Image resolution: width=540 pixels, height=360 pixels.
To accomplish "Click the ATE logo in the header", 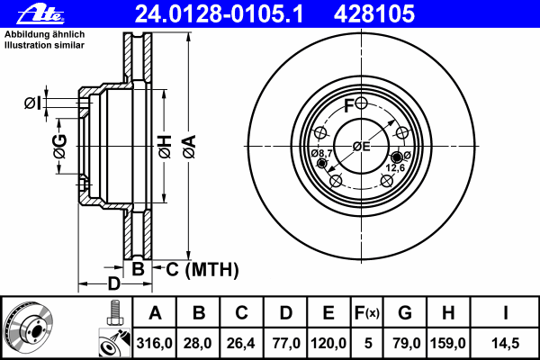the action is click(x=40, y=14).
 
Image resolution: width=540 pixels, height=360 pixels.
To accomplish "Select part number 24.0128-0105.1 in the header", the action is click(x=219, y=14).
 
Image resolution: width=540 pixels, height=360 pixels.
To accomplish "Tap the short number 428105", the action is click(x=374, y=14).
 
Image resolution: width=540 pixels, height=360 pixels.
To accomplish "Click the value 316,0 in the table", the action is click(x=154, y=343).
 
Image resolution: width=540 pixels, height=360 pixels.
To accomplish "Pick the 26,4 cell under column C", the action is click(x=241, y=343).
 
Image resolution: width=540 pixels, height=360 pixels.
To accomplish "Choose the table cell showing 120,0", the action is click(x=328, y=343).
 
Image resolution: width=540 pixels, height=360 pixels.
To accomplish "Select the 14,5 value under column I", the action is click(x=505, y=343).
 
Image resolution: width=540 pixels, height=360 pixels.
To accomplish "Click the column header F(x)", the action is click(x=367, y=313).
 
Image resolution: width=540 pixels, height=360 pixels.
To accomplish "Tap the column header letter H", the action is click(x=448, y=313).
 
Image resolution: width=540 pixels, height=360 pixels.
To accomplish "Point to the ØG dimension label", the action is click(x=59, y=147).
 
